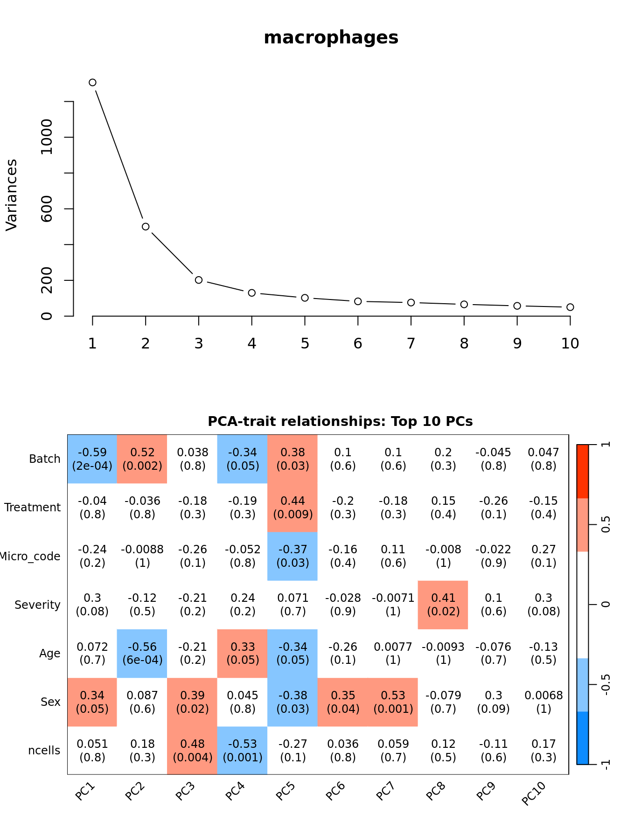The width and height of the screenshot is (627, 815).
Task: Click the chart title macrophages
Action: tap(331, 38)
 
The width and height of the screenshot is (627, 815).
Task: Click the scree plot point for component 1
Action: tap(92, 83)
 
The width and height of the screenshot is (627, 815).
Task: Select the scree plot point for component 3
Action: tap(199, 280)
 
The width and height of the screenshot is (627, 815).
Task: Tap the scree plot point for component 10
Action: tap(570, 307)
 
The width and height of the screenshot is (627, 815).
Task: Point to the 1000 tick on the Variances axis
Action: tap(47, 137)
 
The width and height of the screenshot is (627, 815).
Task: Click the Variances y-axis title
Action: tap(12, 195)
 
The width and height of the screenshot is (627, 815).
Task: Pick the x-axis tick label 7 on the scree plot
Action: tap(411, 344)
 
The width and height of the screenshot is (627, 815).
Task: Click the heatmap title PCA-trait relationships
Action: tap(340, 422)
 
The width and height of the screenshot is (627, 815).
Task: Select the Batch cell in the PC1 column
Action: tap(92, 459)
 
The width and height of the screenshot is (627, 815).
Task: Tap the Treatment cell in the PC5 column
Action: tap(293, 508)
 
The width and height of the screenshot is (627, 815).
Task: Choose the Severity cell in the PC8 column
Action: tap(443, 605)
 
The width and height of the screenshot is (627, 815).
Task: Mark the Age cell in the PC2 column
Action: tap(142, 653)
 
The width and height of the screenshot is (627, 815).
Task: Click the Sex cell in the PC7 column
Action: tap(393, 702)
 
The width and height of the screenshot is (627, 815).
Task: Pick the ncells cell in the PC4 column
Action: tap(243, 751)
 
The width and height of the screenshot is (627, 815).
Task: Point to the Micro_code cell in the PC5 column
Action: tap(293, 556)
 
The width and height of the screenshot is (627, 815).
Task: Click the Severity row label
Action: tap(37, 605)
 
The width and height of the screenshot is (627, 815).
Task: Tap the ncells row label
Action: tap(44, 751)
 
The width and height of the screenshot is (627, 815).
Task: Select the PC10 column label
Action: tap(534, 794)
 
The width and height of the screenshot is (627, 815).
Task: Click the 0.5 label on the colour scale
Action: tap(606, 525)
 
